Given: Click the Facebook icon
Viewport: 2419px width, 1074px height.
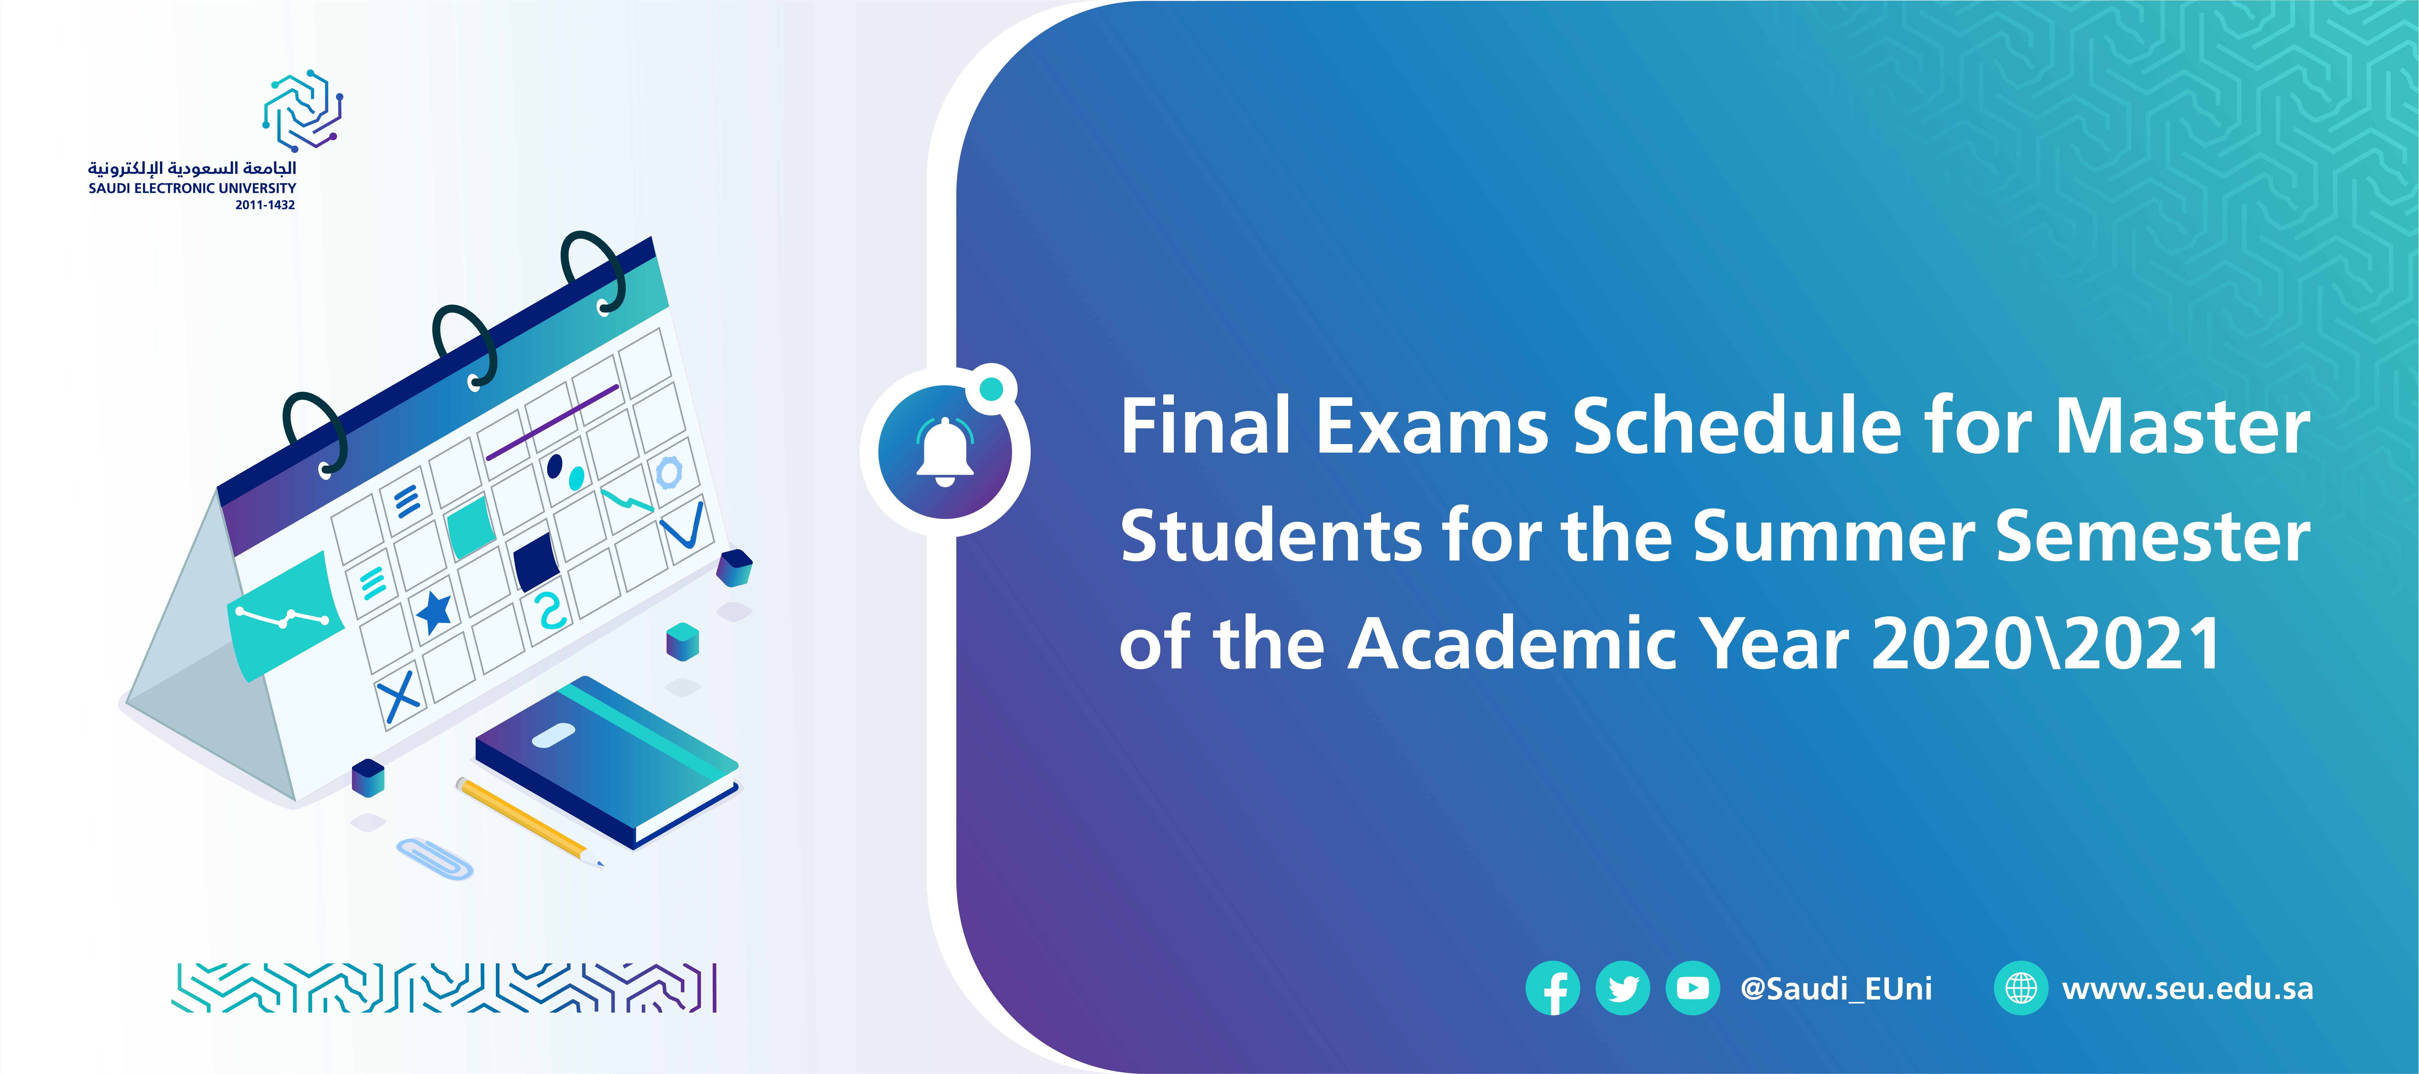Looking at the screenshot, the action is click(x=1553, y=989).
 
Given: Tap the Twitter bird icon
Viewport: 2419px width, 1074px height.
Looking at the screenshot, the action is click(x=1623, y=989).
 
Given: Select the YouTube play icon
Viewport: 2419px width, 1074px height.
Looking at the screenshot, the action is click(x=1692, y=989).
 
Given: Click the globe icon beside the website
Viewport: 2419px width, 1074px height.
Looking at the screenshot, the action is click(x=2021, y=989).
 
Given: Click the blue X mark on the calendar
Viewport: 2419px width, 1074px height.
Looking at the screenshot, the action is click(x=398, y=697).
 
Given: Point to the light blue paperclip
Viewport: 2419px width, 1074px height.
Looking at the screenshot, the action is click(x=435, y=858).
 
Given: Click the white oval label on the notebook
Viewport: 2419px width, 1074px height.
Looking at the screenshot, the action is click(x=553, y=736).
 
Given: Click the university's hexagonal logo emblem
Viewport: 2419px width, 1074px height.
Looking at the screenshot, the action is click(x=302, y=110).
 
